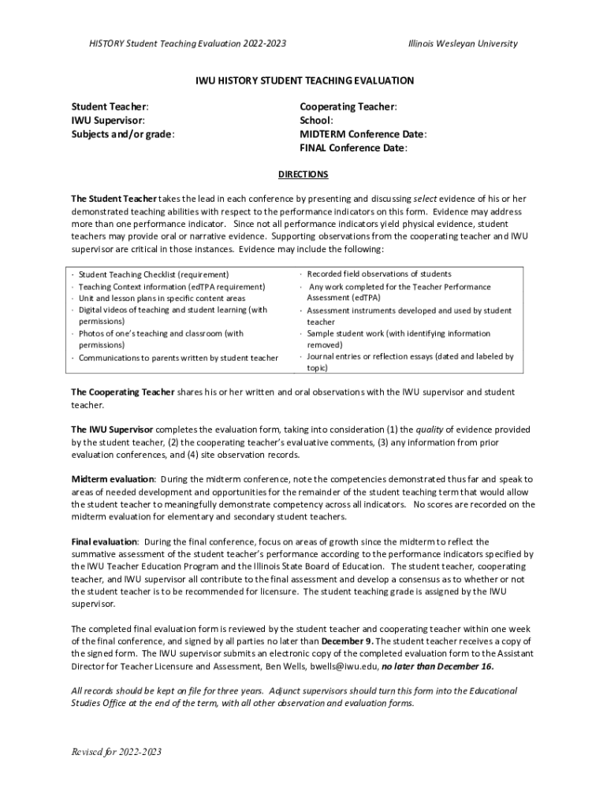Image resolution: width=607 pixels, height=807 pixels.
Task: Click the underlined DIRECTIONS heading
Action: [x=303, y=174]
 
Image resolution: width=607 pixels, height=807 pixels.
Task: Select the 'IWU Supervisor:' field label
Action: [x=108, y=121]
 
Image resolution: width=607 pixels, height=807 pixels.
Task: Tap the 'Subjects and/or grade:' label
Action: [x=123, y=134]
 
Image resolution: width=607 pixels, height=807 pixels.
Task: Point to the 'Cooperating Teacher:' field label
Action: [x=348, y=106]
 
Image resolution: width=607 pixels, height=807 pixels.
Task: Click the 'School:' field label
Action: [x=316, y=121]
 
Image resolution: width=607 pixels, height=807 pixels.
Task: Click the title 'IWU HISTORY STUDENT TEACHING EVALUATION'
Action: [x=304, y=81]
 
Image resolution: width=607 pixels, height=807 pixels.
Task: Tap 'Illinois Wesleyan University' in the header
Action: [x=463, y=43]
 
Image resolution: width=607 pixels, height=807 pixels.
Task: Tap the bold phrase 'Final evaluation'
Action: [x=105, y=541]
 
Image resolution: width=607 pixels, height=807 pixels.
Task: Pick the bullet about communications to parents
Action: [x=178, y=358]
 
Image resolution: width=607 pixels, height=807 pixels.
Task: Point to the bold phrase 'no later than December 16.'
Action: [x=438, y=666]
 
